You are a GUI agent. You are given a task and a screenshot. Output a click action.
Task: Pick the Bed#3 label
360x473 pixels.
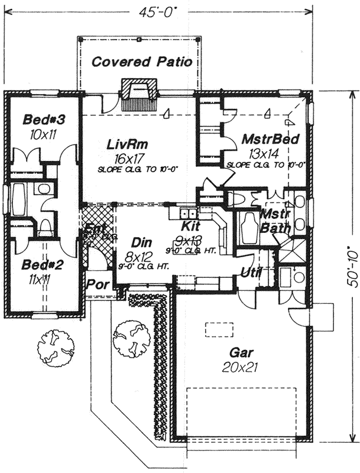click(43, 120)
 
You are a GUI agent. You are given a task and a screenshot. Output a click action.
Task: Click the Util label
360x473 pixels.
click(251, 272)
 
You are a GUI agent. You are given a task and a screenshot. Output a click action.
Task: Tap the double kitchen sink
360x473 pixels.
click(189, 213)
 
